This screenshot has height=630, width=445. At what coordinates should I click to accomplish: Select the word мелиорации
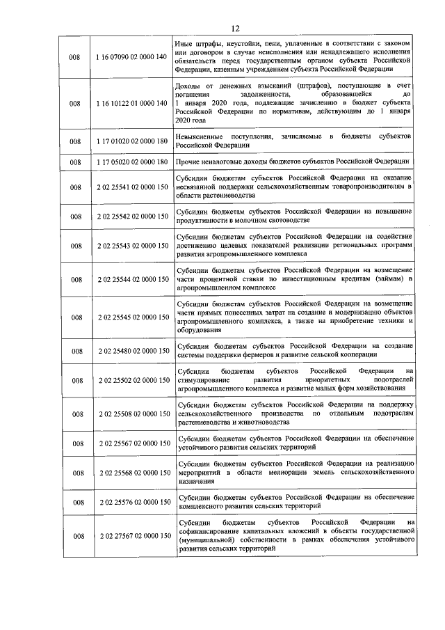tap(283, 473)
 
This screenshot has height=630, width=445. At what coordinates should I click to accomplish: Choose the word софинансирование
tap(209, 530)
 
